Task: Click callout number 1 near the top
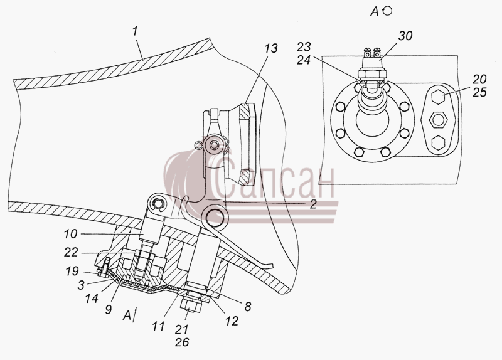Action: pos(135,31)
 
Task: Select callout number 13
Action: pos(271,48)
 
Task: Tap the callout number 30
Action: pos(405,36)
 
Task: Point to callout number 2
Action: pos(313,204)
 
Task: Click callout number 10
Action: pos(70,234)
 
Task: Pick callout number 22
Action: pos(71,253)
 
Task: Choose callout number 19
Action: pos(72,271)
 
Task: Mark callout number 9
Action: pos(108,309)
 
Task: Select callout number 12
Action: pos(232,321)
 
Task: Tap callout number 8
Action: pos(247,307)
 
